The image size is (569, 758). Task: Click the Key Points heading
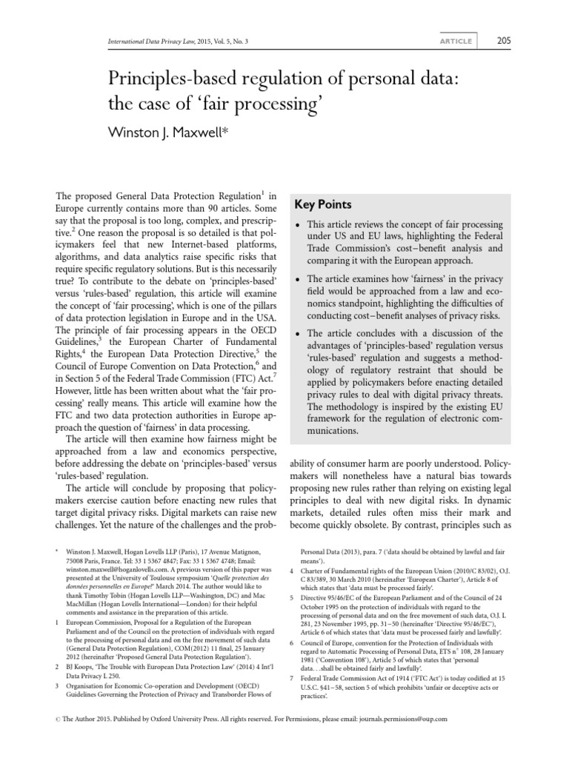pyautogui.click(x=323, y=204)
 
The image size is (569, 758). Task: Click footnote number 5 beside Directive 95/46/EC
pyautogui.click(x=292, y=597)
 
